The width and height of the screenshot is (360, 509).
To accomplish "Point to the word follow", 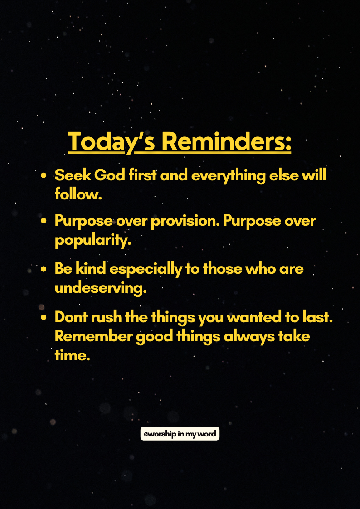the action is click(x=78, y=195).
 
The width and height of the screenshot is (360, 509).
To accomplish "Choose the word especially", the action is click(x=146, y=270).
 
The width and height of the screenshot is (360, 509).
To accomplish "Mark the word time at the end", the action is click(x=72, y=355).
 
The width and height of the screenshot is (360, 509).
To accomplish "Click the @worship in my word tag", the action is click(x=180, y=434).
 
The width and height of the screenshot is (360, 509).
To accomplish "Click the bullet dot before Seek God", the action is click(x=44, y=176).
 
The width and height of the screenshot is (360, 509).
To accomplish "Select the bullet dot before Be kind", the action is click(x=44, y=269).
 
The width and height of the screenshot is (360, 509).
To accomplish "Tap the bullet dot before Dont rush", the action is click(x=44, y=317).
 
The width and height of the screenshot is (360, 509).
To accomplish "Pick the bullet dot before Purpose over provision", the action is click(x=44, y=221).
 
